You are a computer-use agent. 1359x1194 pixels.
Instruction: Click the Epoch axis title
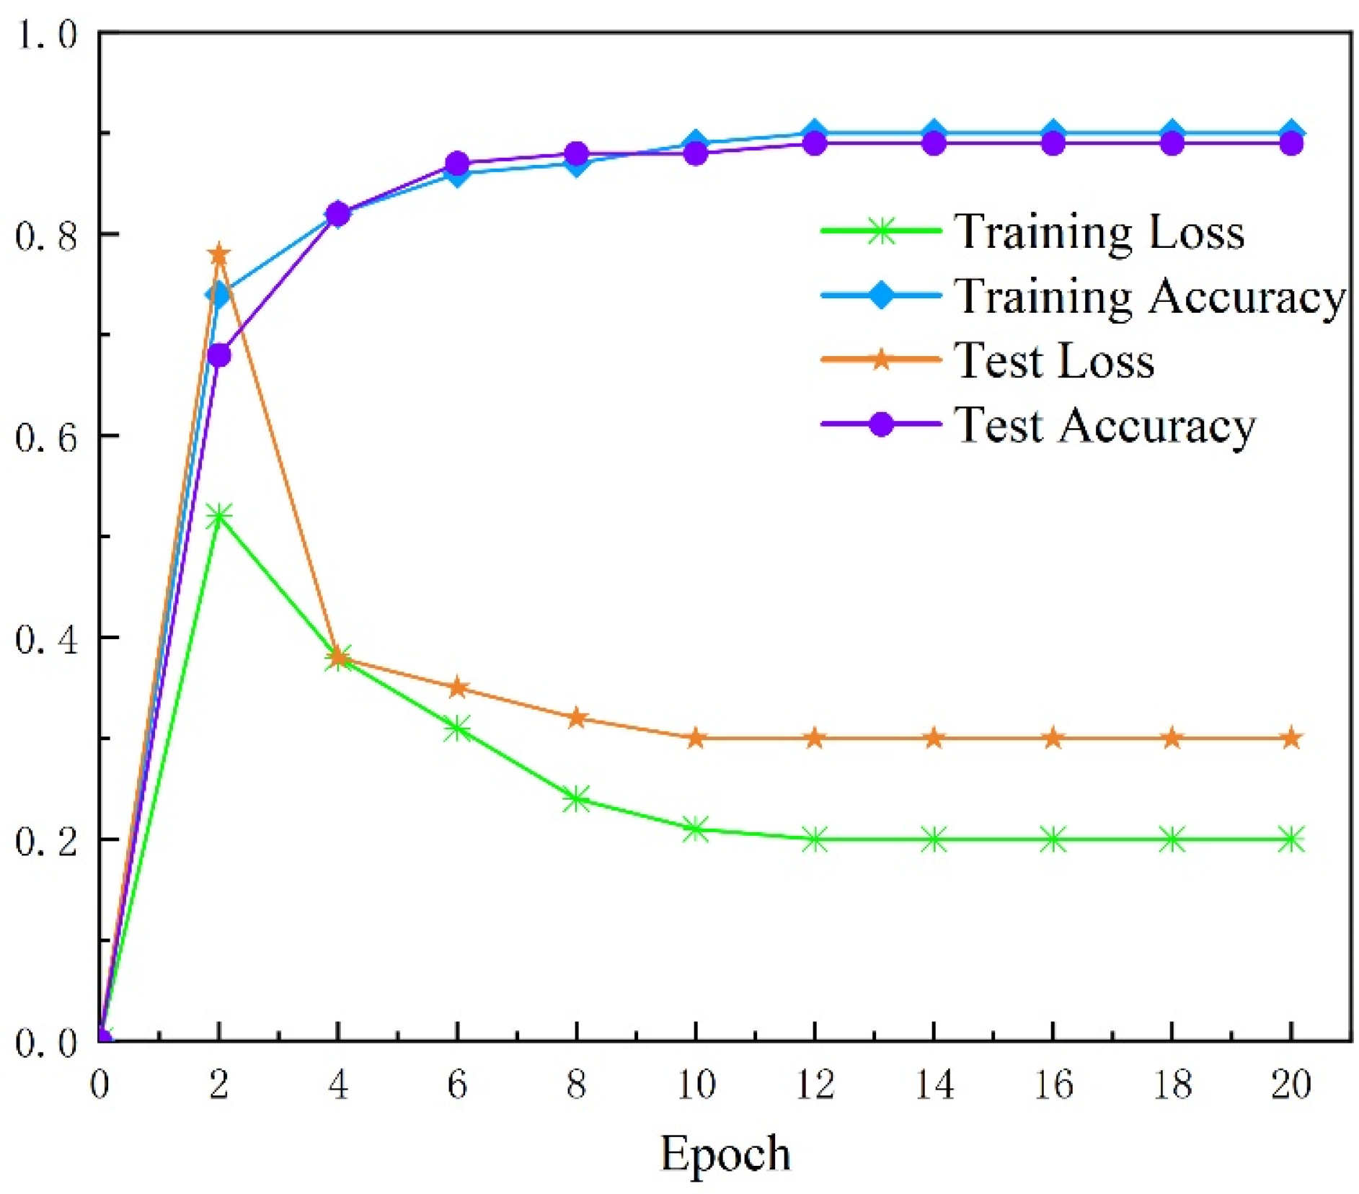[x=725, y=1154]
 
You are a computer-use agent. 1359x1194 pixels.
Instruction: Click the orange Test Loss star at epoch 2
[x=219, y=254]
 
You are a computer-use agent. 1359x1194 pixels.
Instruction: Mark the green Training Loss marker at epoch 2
[x=219, y=517]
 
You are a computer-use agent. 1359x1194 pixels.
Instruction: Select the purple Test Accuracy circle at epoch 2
[x=219, y=355]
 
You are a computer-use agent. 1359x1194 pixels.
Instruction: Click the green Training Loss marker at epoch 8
[x=576, y=798]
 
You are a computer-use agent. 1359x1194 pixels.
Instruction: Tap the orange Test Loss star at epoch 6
[x=457, y=687]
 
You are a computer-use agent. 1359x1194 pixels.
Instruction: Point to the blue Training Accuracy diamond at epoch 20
[x=1291, y=133]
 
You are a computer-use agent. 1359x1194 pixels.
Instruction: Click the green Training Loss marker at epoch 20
[x=1291, y=839]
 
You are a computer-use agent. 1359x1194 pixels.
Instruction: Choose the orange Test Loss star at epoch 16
[x=1053, y=738]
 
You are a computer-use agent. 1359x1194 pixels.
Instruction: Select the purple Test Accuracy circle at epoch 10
[x=696, y=153]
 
